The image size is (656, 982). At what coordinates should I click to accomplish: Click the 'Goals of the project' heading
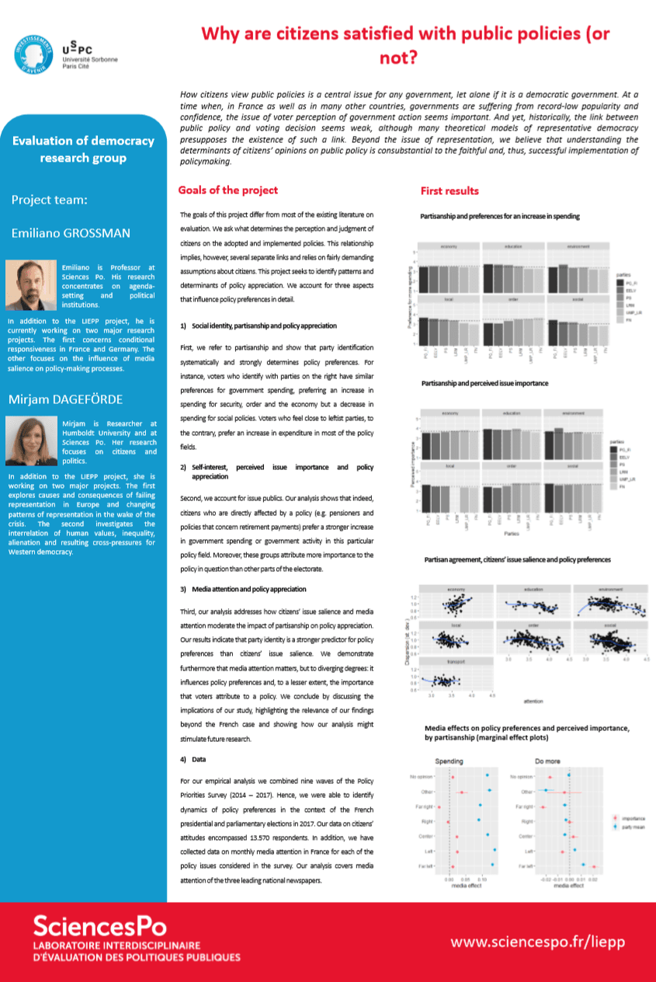227,190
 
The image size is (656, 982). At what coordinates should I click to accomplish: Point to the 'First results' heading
449,191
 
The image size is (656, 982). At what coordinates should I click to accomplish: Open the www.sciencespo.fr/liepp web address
538,942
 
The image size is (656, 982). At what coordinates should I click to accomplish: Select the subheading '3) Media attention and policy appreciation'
243,590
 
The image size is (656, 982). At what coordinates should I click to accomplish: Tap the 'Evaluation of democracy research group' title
83,149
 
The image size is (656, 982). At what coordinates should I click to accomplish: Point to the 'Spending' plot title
450,761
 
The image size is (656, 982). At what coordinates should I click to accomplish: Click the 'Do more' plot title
547,761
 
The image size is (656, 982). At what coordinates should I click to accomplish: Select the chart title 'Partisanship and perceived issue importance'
484,384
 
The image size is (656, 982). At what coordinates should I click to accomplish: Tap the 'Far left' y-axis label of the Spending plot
426,865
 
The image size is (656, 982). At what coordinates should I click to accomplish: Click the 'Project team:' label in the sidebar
49,200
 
